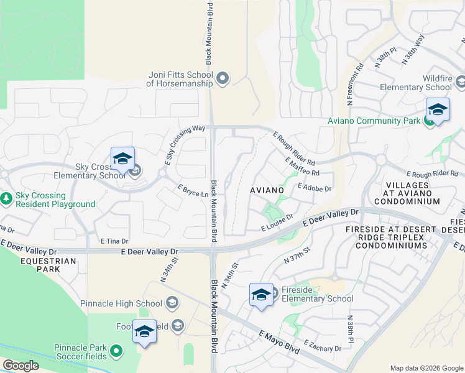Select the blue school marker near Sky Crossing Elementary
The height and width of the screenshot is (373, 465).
point(122,159)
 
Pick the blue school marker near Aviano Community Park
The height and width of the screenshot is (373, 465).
point(438,110)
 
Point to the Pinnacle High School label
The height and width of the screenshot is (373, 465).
point(121,303)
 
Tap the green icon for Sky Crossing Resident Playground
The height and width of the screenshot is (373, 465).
point(7,199)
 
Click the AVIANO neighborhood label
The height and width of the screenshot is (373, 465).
point(267,189)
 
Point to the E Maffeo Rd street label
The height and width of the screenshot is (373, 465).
point(302,166)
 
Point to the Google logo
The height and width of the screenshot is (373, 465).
point(21,366)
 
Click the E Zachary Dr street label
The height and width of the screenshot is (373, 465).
point(323,346)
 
